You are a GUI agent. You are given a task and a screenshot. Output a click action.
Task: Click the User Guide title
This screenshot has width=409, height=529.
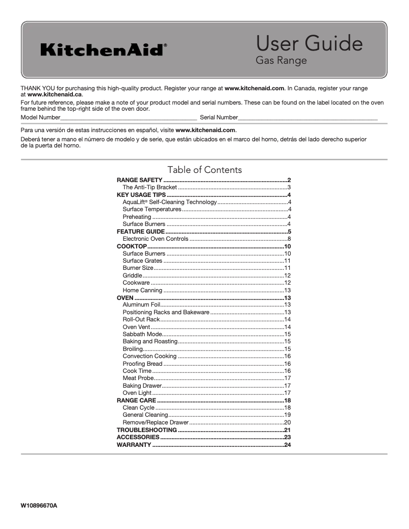point(309,43)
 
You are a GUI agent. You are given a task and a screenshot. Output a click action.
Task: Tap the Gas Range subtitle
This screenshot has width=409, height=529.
point(281,61)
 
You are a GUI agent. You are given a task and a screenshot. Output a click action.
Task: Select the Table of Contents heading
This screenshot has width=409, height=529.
point(205,170)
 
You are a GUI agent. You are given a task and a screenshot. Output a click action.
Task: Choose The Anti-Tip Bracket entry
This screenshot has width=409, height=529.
point(149,188)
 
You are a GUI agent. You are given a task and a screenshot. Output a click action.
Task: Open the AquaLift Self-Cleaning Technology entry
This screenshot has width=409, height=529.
point(170,203)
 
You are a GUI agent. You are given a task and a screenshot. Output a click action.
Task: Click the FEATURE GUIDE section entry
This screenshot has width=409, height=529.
point(140,232)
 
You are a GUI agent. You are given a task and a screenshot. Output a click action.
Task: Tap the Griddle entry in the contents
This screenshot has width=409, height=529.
point(132,275)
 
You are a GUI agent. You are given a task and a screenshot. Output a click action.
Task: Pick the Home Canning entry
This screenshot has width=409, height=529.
point(142,290)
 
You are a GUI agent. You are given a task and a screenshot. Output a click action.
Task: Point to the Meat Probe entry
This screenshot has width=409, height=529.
point(138,378)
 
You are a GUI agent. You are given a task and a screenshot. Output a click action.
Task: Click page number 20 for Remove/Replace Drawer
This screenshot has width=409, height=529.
point(287,422)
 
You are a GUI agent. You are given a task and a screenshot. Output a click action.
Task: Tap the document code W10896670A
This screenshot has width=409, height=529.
point(39,506)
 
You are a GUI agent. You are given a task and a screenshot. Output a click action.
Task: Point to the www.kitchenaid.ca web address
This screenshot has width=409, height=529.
point(54,94)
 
